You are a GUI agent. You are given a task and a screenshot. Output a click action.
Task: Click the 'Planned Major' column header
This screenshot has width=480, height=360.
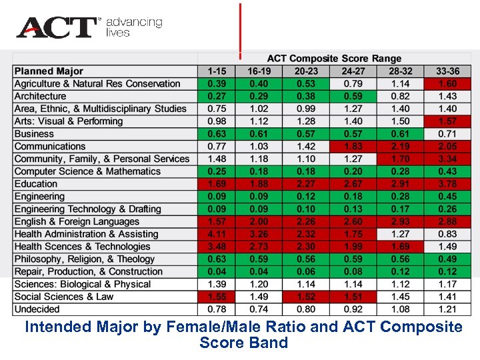[49, 71]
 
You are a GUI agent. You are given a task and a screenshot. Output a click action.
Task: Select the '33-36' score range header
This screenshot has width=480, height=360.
[447, 71]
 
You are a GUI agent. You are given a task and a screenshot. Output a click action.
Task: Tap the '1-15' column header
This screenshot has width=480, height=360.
[216, 71]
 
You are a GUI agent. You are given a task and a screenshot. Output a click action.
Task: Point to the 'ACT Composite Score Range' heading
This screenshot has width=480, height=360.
[334, 59]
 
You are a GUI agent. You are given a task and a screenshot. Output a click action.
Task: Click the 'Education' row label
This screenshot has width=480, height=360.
[36, 184]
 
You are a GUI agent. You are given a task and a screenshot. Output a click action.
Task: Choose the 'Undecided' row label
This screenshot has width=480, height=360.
[37, 309]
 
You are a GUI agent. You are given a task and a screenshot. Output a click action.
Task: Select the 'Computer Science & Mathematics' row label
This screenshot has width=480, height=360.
[87, 171]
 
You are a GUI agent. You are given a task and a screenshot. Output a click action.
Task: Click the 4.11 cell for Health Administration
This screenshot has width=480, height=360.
[216, 234]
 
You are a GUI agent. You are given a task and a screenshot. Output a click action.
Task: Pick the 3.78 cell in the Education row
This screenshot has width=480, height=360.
[447, 184]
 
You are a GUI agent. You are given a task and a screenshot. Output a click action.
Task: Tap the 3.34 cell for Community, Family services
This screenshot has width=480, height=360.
[447, 159]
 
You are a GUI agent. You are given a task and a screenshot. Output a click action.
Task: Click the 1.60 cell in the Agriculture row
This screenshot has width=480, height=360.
[447, 84]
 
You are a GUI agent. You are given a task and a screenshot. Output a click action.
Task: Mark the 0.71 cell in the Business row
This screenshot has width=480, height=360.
[447, 134]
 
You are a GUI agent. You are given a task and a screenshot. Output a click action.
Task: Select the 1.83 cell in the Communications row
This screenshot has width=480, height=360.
[353, 146]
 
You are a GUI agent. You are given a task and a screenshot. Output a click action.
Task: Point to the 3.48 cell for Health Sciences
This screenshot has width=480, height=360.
[216, 247]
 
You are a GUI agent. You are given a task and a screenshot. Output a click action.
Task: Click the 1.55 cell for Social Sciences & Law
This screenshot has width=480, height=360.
[216, 297]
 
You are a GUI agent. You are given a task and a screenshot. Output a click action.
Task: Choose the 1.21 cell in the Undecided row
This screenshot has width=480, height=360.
[447, 309]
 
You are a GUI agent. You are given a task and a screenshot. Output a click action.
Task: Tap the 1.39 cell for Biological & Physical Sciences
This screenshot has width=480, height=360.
[216, 284]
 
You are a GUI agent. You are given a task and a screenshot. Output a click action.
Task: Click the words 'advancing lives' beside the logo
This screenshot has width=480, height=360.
[134, 27]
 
